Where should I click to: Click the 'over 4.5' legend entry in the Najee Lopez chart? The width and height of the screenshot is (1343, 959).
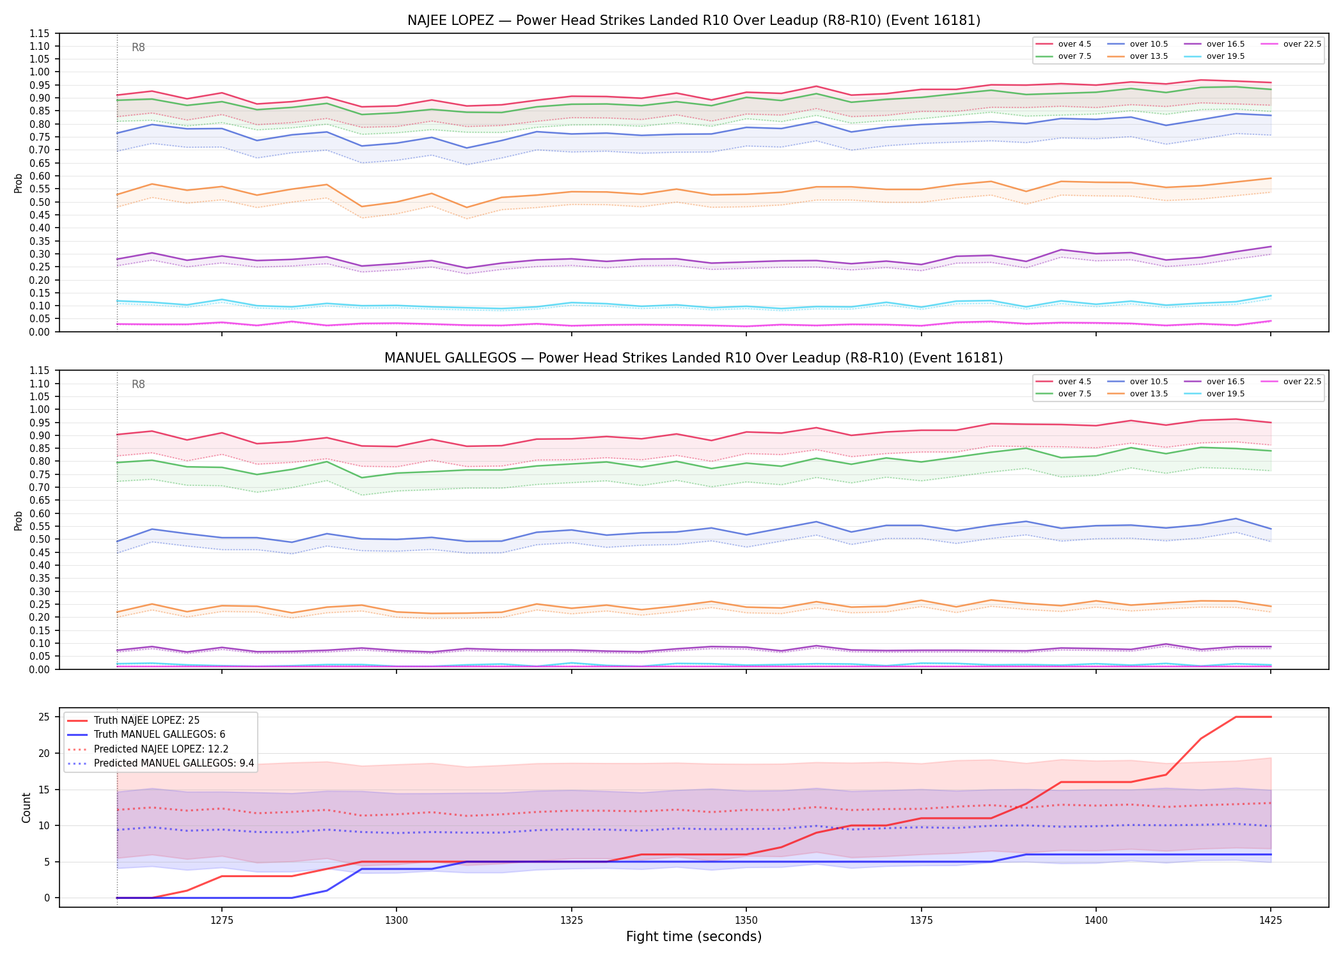[x=1064, y=44]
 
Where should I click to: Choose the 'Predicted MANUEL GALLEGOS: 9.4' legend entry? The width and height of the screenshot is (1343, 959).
[x=161, y=763]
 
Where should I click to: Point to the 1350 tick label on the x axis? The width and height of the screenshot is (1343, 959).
[x=746, y=921]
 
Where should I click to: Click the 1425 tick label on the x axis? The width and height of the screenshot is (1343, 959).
[x=1271, y=921]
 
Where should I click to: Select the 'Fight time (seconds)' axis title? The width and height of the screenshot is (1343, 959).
[x=694, y=937]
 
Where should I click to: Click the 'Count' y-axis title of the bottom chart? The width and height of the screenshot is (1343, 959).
[x=26, y=807]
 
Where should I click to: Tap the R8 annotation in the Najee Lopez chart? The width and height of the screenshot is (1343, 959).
[x=138, y=47]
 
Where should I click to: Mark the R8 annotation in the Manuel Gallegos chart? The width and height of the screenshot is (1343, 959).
[x=138, y=384]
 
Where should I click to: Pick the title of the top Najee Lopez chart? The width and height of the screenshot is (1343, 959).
[x=694, y=20]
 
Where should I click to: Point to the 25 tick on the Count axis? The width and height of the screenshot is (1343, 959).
[x=44, y=717]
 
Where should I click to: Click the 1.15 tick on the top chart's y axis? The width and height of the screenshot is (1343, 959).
[x=40, y=33]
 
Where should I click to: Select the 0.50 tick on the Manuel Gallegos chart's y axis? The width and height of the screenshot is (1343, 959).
[x=40, y=540]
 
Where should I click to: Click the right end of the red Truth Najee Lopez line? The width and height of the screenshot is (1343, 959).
[x=1271, y=717]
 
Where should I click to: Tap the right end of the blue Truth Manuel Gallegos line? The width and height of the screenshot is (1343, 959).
[x=1271, y=855]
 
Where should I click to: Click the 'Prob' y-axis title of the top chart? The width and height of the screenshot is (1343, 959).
[x=19, y=183]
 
